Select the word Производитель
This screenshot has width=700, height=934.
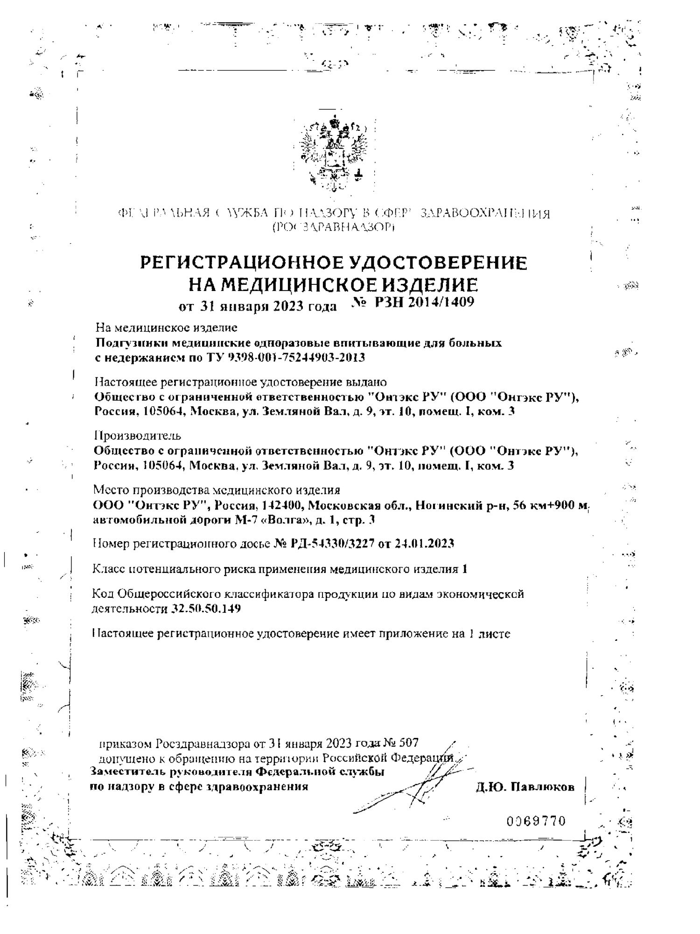pyautogui.click(x=137, y=436)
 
